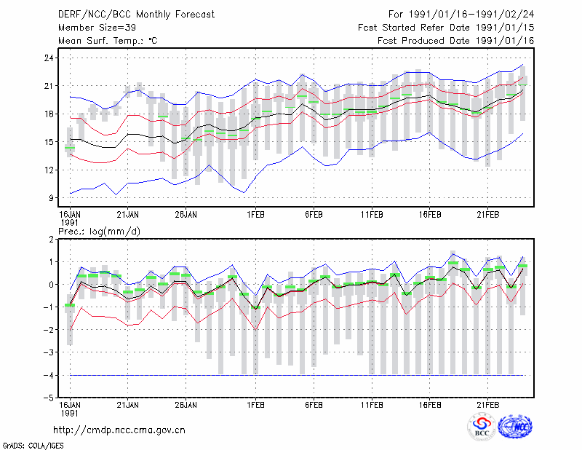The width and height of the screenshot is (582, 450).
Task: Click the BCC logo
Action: click(482, 427)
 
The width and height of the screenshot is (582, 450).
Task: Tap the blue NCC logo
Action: click(515, 427)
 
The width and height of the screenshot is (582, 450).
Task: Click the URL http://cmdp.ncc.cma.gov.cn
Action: click(119, 430)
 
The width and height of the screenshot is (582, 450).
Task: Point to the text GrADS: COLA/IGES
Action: click(33, 446)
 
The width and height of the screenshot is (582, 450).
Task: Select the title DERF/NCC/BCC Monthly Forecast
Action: click(136, 15)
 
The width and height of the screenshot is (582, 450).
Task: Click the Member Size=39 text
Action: click(97, 28)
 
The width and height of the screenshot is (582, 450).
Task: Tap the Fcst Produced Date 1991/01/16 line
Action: click(456, 41)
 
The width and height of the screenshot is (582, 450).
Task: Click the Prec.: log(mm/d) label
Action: click(99, 232)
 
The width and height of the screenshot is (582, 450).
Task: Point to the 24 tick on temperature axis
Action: click(49, 58)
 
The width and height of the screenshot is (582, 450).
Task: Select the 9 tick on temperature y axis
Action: click(51, 198)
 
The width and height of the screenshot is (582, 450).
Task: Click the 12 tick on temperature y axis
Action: click(49, 170)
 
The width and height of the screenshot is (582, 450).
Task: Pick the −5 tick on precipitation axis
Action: click(48, 398)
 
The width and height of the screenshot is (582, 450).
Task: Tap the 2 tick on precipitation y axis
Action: click(51, 240)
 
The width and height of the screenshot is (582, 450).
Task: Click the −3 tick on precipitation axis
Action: click(48, 352)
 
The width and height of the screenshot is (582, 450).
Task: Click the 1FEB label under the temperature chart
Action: click(255, 215)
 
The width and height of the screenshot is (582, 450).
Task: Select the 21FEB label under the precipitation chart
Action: click(487, 405)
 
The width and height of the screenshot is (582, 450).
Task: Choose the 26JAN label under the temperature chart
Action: click(186, 215)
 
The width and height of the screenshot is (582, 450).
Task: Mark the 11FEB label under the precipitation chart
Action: click(372, 405)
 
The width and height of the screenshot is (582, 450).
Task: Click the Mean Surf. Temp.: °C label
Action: click(108, 41)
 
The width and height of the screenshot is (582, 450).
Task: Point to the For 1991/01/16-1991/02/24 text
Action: click(461, 15)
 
